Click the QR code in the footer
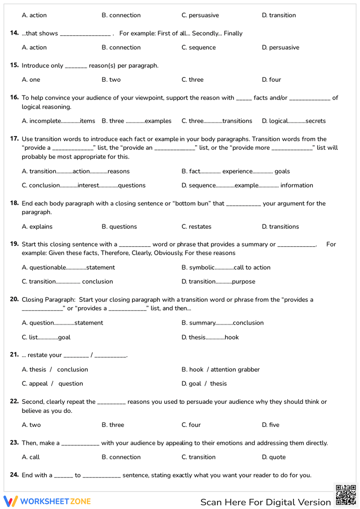pos(346,495)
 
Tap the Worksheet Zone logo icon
pos(10,501)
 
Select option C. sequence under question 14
pos(199,48)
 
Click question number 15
pos(14,65)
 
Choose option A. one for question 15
pos(31,80)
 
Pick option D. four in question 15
pos(271,80)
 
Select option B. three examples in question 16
pos(136,121)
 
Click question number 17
pos(14,139)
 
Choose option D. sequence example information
pos(247,185)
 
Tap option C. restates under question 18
pos(197,226)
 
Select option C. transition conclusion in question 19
pos(67,281)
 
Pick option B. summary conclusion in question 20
pos(222,323)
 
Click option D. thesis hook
pos(210,337)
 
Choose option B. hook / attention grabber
pos(221,369)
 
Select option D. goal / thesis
pos(204,384)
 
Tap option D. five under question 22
pos(271,425)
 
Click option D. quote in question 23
pos(274,457)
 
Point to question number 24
pos(14,475)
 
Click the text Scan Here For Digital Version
pos(265,502)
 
